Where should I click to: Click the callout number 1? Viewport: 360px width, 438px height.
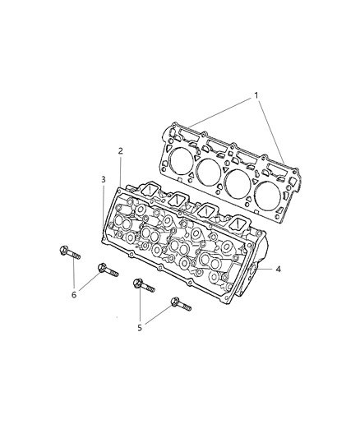pyautogui.click(x=256, y=95)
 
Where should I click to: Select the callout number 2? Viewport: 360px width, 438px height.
pyautogui.click(x=120, y=151)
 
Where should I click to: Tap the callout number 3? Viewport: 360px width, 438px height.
pyautogui.click(x=104, y=180)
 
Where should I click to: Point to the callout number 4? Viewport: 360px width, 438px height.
pyautogui.click(x=278, y=269)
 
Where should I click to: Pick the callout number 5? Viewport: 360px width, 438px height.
pyautogui.click(x=140, y=328)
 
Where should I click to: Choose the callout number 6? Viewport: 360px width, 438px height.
pyautogui.click(x=74, y=294)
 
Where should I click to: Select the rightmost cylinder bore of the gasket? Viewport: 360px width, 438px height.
pyautogui.click(x=268, y=196)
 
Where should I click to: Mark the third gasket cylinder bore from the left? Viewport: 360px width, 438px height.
pyautogui.click(x=238, y=184)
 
